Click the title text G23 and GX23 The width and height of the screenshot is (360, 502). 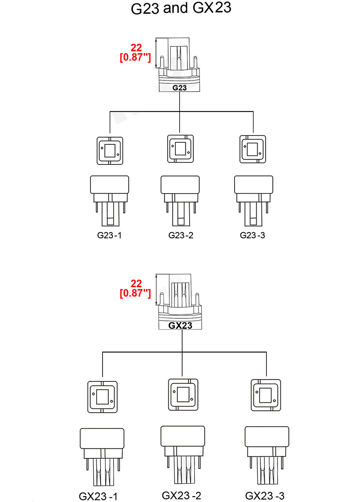[x=181, y=8]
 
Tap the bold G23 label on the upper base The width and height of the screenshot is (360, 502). [x=179, y=87]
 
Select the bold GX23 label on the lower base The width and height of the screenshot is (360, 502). [x=180, y=325]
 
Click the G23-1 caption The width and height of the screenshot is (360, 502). [x=109, y=235]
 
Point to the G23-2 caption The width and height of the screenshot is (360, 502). [x=181, y=235]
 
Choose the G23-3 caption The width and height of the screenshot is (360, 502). [x=252, y=235]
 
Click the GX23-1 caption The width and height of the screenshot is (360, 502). [x=98, y=496]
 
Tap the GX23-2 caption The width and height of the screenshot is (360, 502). [x=181, y=495]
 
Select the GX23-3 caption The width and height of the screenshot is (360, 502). [x=265, y=495]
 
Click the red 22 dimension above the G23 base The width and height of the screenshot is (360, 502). [x=136, y=48]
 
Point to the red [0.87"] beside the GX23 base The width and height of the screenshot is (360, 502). [x=135, y=293]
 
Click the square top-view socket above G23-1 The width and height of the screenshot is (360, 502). [x=110, y=151]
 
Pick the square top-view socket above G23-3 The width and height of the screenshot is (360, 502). [x=253, y=149]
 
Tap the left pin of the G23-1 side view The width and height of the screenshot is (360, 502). [x=97, y=207]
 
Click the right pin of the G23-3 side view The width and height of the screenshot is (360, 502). [x=267, y=208]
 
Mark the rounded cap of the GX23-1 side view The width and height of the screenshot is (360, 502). [x=102, y=439]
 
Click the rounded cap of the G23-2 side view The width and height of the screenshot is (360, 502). [x=180, y=184]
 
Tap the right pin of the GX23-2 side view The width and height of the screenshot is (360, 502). [x=199, y=462]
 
